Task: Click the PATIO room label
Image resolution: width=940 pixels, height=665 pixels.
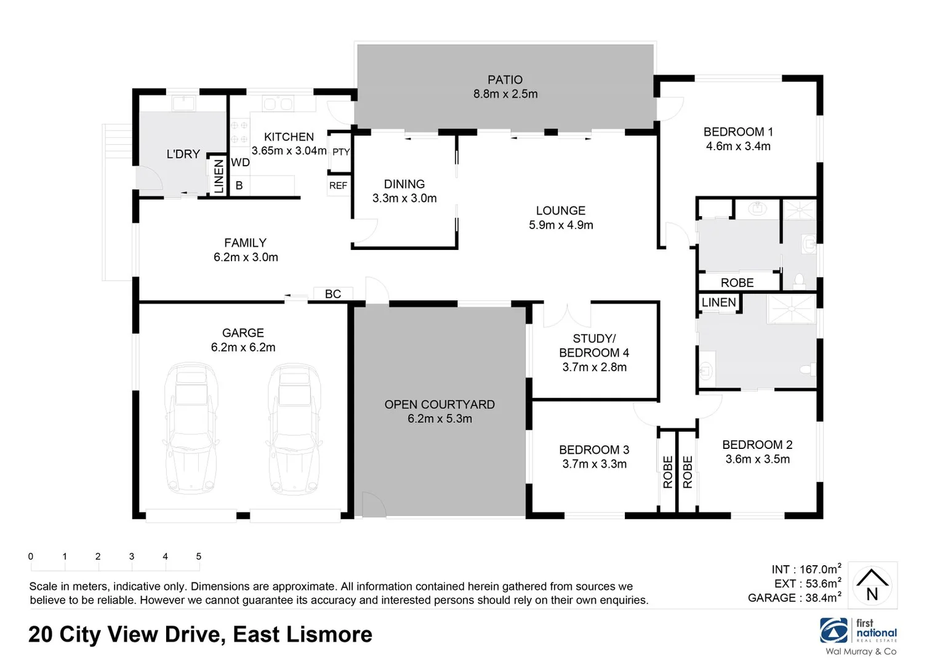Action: coord(505,80)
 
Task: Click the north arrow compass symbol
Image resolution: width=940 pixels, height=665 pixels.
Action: coord(872,586)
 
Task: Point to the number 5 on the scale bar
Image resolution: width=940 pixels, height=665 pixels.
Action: coord(198,557)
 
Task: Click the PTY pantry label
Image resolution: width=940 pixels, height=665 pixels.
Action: coord(340,152)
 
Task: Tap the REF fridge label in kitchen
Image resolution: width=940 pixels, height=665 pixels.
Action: coord(338,185)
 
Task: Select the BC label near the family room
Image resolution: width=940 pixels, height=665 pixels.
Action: coord(332,294)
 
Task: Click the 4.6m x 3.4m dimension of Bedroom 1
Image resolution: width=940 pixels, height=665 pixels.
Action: coord(737,147)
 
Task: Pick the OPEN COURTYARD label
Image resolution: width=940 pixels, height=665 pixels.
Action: coord(440,405)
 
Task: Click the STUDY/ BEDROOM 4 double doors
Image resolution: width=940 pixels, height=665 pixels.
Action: coord(567,315)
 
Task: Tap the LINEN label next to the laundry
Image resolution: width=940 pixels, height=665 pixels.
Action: coord(219,177)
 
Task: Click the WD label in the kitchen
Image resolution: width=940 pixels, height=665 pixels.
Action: coord(240,163)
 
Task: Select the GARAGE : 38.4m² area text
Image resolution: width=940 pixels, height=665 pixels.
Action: coord(794,598)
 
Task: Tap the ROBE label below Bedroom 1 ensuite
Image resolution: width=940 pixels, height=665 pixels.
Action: coord(737,283)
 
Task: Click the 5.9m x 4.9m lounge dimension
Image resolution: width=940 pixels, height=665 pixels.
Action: coord(561,225)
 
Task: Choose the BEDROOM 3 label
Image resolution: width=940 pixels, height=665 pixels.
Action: coord(594,450)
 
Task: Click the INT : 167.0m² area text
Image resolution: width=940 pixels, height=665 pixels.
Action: coord(806,570)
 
